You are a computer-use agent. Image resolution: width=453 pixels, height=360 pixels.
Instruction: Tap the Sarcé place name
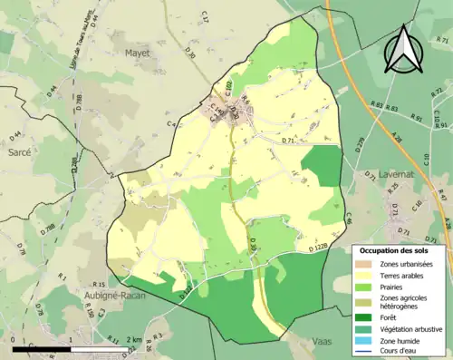point(19,153)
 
